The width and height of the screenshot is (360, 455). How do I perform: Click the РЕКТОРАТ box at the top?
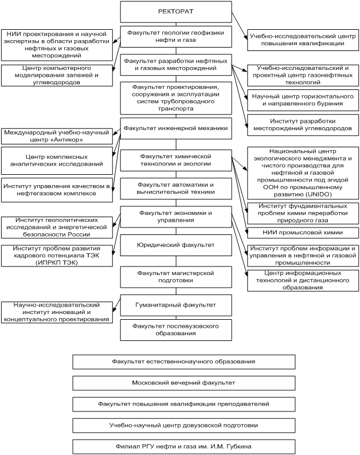tap(176, 12)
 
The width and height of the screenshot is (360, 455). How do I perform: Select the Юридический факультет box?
tap(176, 245)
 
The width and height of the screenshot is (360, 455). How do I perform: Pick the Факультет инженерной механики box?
tap(176, 128)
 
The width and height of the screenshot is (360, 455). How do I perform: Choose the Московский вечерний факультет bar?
tap(184, 383)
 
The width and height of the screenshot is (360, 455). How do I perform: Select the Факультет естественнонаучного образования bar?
tap(184, 362)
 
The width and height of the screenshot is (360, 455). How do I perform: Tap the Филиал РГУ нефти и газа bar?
tap(184, 446)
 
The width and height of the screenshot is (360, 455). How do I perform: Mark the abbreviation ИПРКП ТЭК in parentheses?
tap(57, 261)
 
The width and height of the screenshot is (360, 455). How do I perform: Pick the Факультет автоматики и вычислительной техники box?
tap(176, 189)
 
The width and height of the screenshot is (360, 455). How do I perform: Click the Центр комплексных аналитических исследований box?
tap(57, 160)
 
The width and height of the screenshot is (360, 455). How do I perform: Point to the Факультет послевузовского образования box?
tap(176, 330)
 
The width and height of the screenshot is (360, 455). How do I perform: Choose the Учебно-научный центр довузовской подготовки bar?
tap(184, 425)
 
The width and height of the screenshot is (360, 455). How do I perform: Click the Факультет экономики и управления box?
tap(176, 217)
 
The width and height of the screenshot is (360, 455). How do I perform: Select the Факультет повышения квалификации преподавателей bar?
tap(184, 404)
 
